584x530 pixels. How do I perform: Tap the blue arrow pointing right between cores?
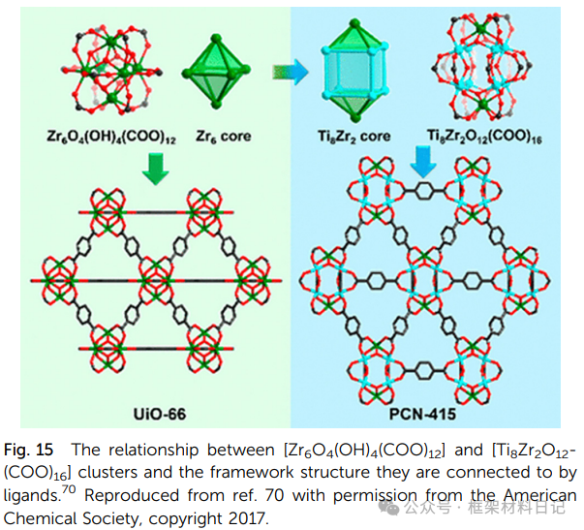click(x=288, y=70)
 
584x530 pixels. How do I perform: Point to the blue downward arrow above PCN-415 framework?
click(x=422, y=162)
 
